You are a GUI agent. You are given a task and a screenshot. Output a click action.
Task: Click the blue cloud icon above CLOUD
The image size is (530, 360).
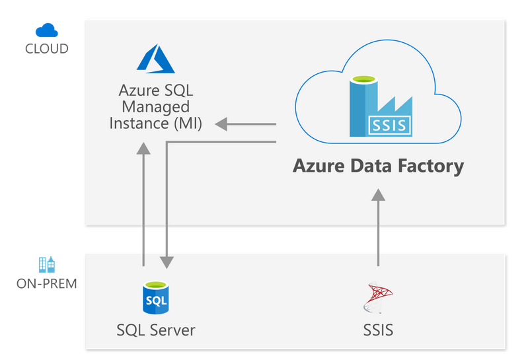pyautogui.click(x=47, y=30)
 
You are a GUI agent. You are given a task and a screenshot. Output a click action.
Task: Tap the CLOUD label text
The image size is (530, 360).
pyautogui.click(x=46, y=49)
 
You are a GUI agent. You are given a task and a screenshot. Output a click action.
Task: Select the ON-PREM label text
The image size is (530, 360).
pyautogui.click(x=46, y=284)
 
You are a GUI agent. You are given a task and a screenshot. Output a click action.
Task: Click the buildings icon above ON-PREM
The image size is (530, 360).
pyautogui.click(x=47, y=264)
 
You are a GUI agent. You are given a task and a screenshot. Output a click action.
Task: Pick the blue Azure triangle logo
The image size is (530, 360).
pyautogui.click(x=155, y=59)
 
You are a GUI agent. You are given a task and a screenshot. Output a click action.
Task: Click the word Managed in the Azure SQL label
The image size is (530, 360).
pyautogui.click(x=156, y=106)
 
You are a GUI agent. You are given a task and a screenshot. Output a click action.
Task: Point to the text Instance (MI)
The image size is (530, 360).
pyautogui.click(x=156, y=123)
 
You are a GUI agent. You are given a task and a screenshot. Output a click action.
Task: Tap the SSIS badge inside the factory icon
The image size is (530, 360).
pyautogui.click(x=390, y=124)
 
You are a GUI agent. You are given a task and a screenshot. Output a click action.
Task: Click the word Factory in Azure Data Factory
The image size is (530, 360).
pyautogui.click(x=428, y=166)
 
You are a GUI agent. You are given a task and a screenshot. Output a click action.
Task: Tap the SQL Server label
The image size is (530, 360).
pyautogui.click(x=156, y=329)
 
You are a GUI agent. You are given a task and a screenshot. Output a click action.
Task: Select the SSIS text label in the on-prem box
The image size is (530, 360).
pyautogui.click(x=378, y=329)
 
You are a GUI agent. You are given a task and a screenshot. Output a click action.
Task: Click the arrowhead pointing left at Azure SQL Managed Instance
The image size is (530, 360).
pyautogui.click(x=221, y=124)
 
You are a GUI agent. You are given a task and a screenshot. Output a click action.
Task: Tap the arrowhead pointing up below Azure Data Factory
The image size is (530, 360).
pyautogui.click(x=378, y=195)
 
